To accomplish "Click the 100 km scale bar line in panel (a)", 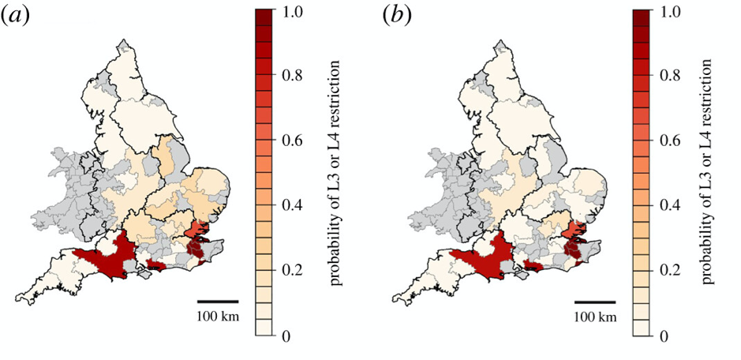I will [x=217, y=301].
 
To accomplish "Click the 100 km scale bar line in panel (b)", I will [x=595, y=301].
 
